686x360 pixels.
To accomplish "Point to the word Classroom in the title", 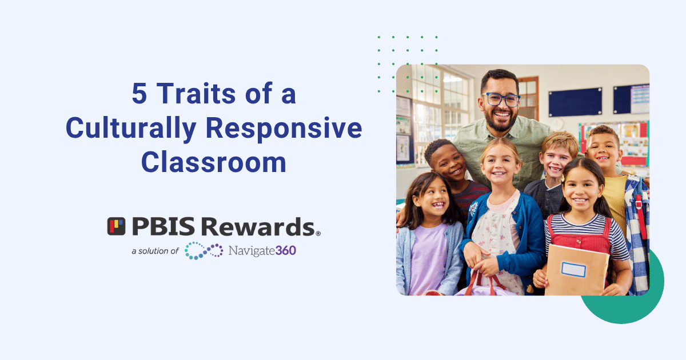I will (214, 162).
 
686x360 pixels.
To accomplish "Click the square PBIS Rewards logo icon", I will (116, 226).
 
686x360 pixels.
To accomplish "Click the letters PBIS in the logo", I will (161, 227).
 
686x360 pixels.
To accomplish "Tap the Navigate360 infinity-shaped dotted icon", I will (204, 250).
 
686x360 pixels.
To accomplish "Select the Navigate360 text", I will (262, 250).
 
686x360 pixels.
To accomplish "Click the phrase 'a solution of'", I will (155, 251).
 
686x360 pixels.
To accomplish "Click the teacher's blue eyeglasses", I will (500, 99).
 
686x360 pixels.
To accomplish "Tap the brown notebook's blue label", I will (573, 269).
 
